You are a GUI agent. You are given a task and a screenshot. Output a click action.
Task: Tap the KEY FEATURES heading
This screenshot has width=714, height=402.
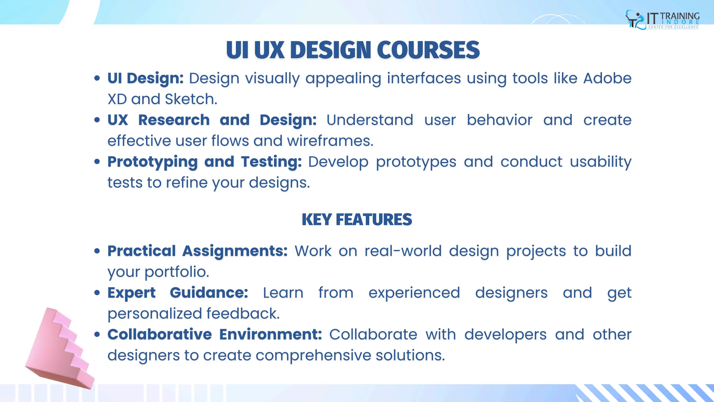(357, 219)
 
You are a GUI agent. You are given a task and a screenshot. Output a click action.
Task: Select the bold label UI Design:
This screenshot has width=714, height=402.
(145, 78)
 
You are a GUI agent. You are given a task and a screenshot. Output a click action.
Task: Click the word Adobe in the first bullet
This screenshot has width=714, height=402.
(607, 78)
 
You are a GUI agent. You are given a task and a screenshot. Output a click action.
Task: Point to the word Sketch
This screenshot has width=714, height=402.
(191, 99)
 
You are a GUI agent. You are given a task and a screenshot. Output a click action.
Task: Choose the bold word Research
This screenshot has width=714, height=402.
(174, 120)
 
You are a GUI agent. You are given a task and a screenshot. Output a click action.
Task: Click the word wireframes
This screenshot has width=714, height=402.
(330, 141)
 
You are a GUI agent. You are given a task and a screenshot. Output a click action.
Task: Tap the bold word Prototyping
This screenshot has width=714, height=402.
(153, 162)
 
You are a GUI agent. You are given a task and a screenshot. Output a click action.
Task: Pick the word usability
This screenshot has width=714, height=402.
(600, 162)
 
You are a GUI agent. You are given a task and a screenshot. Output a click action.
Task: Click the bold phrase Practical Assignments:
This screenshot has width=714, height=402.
(197, 251)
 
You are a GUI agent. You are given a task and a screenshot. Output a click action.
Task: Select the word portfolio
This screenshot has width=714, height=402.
(177, 272)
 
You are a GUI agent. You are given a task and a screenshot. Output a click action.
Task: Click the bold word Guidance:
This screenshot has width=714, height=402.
(209, 293)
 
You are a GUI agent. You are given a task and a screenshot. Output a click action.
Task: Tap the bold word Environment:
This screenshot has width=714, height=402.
(271, 334)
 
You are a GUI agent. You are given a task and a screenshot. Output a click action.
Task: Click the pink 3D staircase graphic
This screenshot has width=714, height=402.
(59, 349)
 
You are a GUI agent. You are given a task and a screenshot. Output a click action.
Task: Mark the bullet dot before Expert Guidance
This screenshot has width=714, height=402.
(97, 292)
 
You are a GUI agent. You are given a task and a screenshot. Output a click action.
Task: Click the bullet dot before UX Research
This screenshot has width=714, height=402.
(97, 120)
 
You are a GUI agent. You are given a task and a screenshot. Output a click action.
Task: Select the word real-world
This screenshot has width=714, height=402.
(403, 251)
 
